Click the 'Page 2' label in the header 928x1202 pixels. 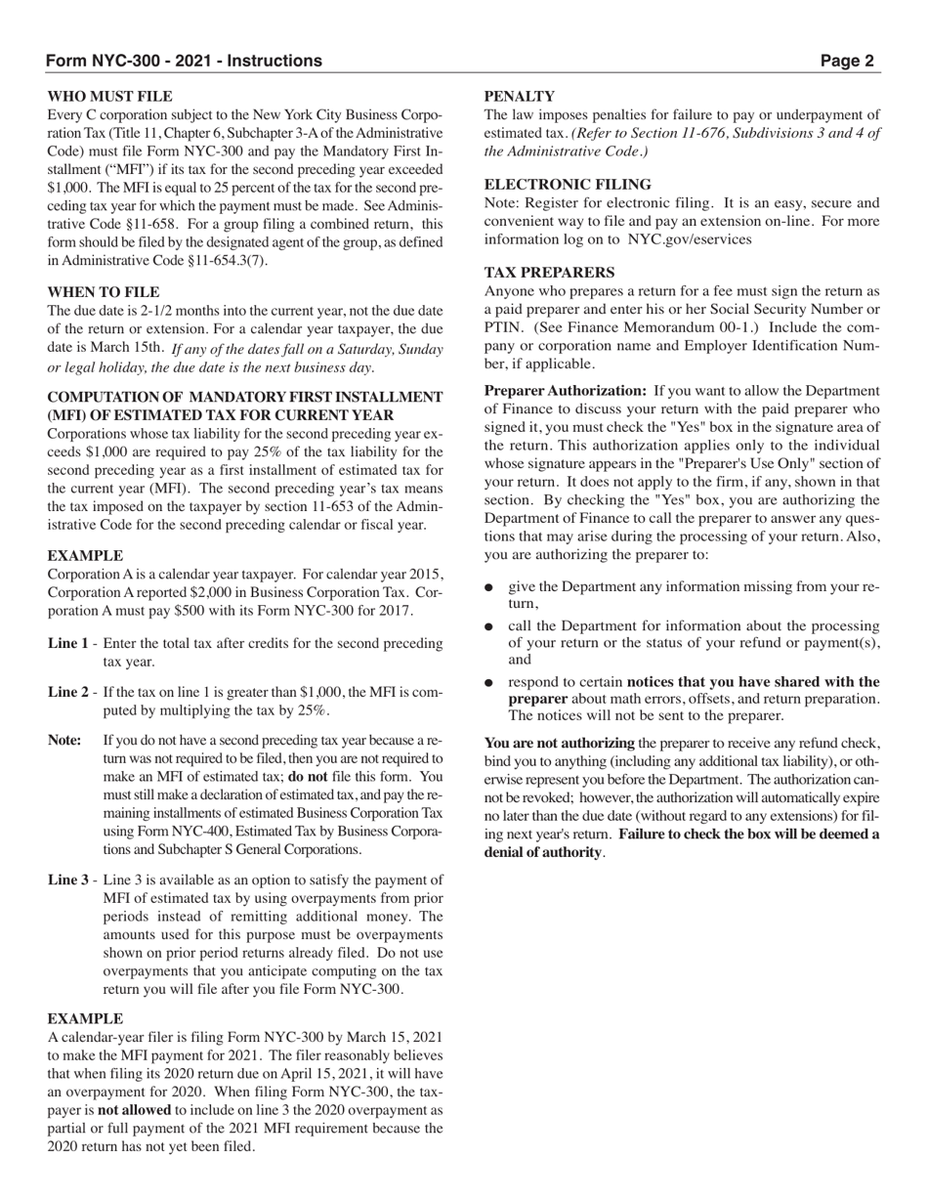pyautogui.click(x=847, y=61)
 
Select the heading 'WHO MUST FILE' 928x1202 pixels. pyautogui.click(x=109, y=97)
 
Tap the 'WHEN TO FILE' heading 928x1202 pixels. pyautogui.click(x=104, y=292)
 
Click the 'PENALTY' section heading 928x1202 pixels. pyautogui.click(x=520, y=97)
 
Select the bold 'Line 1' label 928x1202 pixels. pyautogui.click(x=68, y=644)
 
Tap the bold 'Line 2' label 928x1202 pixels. pyautogui.click(x=68, y=693)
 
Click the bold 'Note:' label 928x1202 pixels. pyautogui.click(x=64, y=741)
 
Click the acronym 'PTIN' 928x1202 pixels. pyautogui.click(x=505, y=327)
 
